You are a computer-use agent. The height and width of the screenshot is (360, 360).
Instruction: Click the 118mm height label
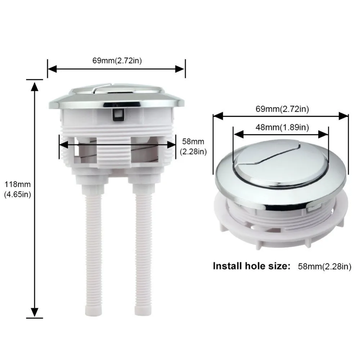[x=17, y=184]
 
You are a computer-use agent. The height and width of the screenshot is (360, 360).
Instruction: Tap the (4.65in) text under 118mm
[x=17, y=194]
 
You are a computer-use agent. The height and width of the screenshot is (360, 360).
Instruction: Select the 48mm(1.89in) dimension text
[x=282, y=127]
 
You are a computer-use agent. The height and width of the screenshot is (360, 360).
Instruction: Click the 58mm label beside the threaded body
[x=193, y=141]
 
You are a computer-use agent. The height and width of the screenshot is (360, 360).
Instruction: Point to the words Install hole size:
[x=252, y=266]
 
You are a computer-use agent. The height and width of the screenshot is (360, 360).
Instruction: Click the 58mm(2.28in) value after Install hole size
[x=325, y=266]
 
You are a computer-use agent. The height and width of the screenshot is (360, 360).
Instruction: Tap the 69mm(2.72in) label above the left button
[x=117, y=60]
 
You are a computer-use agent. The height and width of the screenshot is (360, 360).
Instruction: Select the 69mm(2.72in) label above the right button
[x=282, y=109]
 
